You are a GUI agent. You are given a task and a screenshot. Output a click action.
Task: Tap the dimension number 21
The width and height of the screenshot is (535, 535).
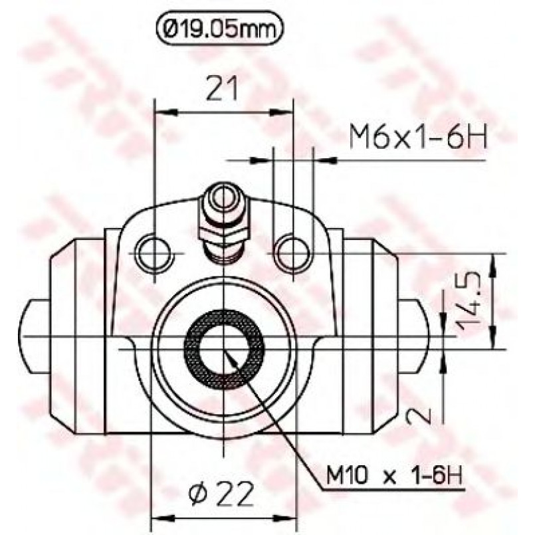coord(222,88)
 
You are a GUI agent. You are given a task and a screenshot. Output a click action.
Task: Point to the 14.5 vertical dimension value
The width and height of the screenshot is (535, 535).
coord(468,301)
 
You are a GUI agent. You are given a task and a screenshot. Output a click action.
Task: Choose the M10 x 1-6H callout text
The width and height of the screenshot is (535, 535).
coord(394,475)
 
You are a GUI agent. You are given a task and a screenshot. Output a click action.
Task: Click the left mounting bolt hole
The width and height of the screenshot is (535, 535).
coord(154,253)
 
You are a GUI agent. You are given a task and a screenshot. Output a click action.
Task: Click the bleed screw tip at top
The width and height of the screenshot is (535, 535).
coord(223,195)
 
